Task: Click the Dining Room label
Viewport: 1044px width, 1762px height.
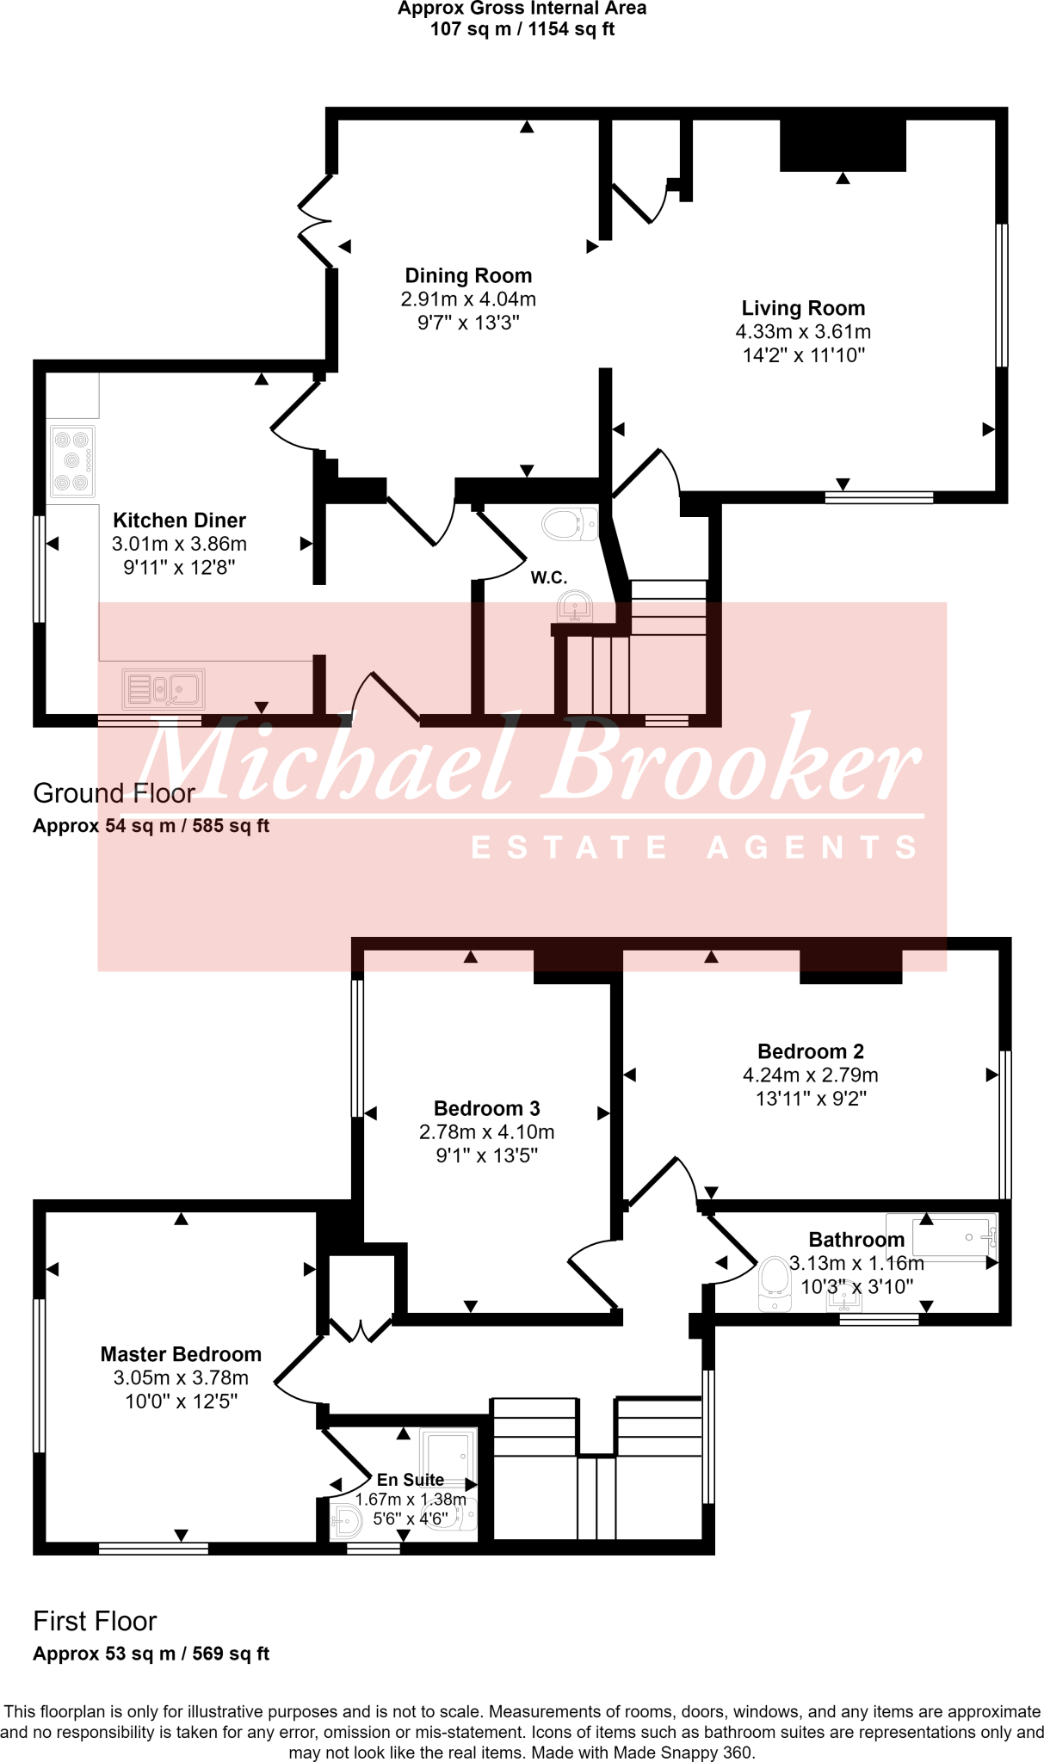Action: click(x=468, y=276)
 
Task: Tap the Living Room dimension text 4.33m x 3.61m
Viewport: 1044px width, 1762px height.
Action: click(x=803, y=332)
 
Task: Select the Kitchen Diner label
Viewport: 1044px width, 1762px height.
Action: click(x=179, y=521)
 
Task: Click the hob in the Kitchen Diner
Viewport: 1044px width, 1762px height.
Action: click(x=72, y=462)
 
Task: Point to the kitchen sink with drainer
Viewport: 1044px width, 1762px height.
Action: click(x=164, y=688)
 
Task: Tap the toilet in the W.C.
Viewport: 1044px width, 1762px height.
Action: click(x=570, y=523)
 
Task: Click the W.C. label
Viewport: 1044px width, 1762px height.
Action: click(x=548, y=577)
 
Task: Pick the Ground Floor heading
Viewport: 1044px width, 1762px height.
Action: click(x=114, y=793)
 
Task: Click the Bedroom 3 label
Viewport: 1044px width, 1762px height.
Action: click(x=486, y=1108)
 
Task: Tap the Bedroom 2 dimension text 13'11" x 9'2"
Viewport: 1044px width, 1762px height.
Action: click(x=810, y=1099)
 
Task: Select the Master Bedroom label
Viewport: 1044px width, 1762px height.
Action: click(x=181, y=1354)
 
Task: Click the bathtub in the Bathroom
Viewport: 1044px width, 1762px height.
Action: click(x=942, y=1237)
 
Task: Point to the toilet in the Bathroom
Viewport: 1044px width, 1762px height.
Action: click(x=775, y=1284)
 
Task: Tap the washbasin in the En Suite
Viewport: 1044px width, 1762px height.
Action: click(x=347, y=1522)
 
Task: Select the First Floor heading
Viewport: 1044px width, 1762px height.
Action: click(x=95, y=1622)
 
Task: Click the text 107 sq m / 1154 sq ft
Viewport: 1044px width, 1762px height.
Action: click(x=522, y=29)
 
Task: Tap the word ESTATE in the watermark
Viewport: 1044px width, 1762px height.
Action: click(x=569, y=847)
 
